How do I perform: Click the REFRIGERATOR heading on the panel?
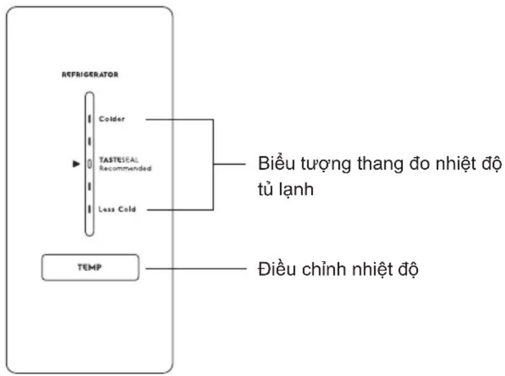pyautogui.click(x=90, y=74)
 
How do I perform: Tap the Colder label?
pyautogui.click(x=112, y=119)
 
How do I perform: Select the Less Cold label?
pyautogui.click(x=117, y=209)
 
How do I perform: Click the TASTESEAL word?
pyautogui.click(x=119, y=159)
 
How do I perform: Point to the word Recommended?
pyautogui.click(x=125, y=168)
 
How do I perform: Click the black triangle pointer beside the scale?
pyautogui.click(x=76, y=164)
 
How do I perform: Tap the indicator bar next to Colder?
pyautogui.click(x=90, y=119)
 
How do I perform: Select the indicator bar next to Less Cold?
pyautogui.click(x=90, y=209)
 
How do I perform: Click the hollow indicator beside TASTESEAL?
pyautogui.click(x=90, y=164)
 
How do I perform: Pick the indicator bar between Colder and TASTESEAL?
pyautogui.click(x=90, y=142)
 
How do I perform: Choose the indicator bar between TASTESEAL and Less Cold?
pyautogui.click(x=90, y=186)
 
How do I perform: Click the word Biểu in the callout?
pyautogui.click(x=276, y=163)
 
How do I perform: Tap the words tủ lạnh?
pyautogui.click(x=286, y=189)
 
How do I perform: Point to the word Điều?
pyautogui.click(x=277, y=269)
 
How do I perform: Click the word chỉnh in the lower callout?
pyautogui.click(x=324, y=269)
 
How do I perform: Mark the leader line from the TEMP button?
pyautogui.click(x=196, y=268)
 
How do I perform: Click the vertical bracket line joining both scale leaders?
pyautogui.click(x=213, y=164)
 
